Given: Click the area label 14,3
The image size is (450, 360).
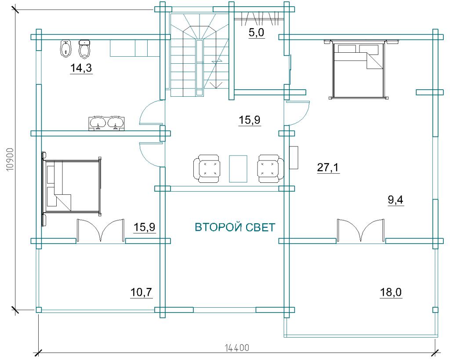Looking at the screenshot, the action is pos(81,68).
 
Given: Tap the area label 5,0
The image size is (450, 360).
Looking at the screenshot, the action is pos(256,33).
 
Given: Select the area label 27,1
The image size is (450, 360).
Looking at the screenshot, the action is pos(328,167).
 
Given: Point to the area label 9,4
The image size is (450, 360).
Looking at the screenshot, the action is pos(396,200).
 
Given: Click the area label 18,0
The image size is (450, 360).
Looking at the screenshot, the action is pos(391,292).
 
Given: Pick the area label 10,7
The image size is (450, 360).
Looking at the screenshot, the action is pos(141,292).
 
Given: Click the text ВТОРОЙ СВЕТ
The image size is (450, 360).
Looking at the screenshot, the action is pos(235,227).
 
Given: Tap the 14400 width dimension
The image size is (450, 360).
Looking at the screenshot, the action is pos(237,348).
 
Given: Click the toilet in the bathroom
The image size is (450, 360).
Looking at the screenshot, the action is pos(84,49).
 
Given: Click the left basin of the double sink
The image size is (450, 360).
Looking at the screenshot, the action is pos(98,123).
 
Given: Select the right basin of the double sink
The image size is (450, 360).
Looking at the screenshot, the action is pos(116,123).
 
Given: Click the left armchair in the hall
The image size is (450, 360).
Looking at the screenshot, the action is pos(207,168).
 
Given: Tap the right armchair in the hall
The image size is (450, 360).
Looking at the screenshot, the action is pos(271,168).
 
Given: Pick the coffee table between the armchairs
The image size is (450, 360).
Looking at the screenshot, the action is pos(238,168).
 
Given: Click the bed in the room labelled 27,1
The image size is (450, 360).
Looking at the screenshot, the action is pos(358,70).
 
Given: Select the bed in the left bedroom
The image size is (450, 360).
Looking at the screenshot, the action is pos(72,187).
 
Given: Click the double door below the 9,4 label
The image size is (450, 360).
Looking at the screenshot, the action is pos(360,231).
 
